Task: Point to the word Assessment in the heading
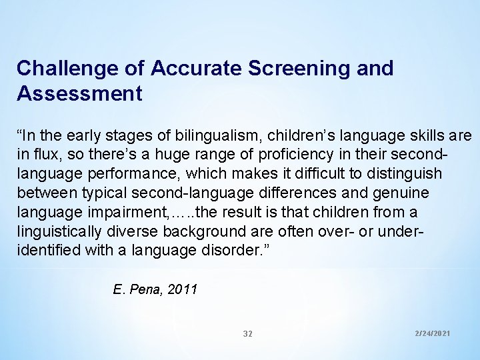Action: coord(79,94)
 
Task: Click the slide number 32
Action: coord(247,333)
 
